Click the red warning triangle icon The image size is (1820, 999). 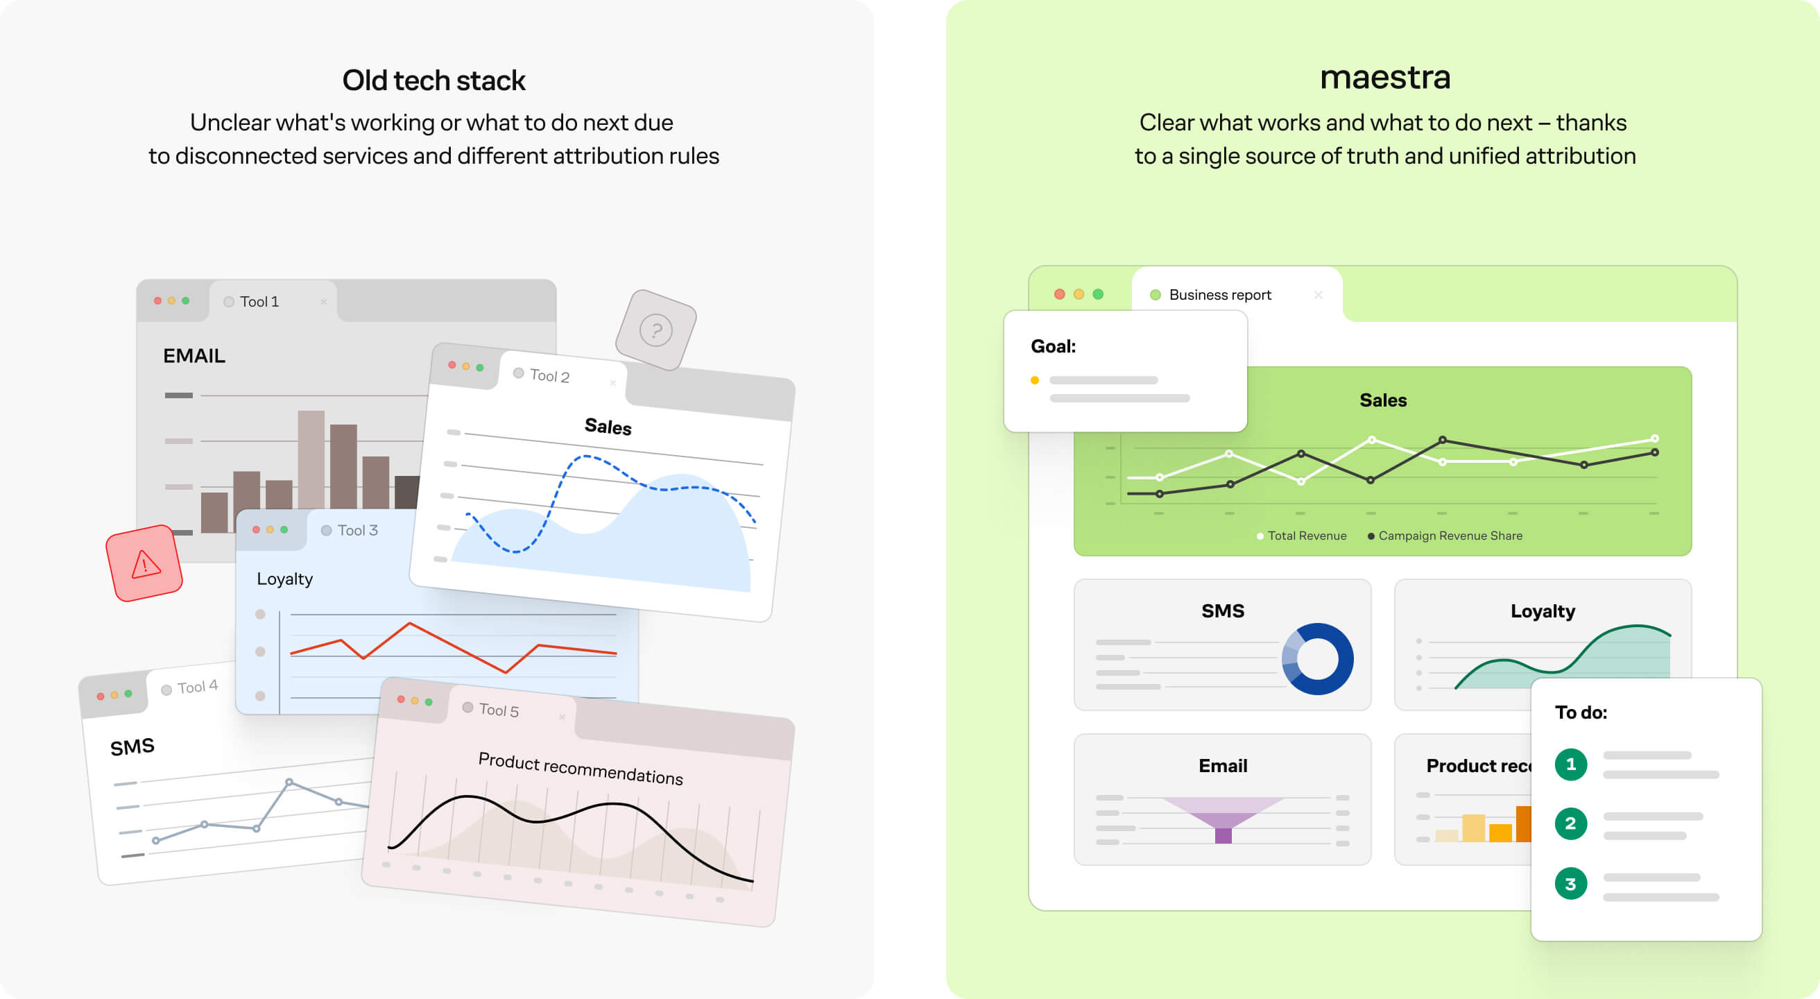pos(145,564)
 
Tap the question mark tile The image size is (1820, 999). pos(655,330)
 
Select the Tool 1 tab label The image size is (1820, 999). pos(259,302)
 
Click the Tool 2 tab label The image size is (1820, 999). pos(549,376)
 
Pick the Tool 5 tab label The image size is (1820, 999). pos(499,710)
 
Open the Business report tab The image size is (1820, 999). pos(1219,295)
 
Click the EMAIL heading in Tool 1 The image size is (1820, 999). pos(194,356)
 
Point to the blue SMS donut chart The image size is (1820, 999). pos(1318,659)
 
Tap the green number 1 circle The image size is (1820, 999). pos(1570,765)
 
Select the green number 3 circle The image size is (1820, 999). pos(1570,884)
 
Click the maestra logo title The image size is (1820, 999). pos(1385,78)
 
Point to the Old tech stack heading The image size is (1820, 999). pos(433,80)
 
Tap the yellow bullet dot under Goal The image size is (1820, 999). pos(1035,380)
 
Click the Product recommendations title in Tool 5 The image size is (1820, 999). pos(581,769)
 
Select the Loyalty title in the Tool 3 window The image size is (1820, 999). pos(285,579)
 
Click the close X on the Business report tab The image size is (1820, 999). pos(1318,295)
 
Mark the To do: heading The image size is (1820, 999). pos(1581,712)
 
